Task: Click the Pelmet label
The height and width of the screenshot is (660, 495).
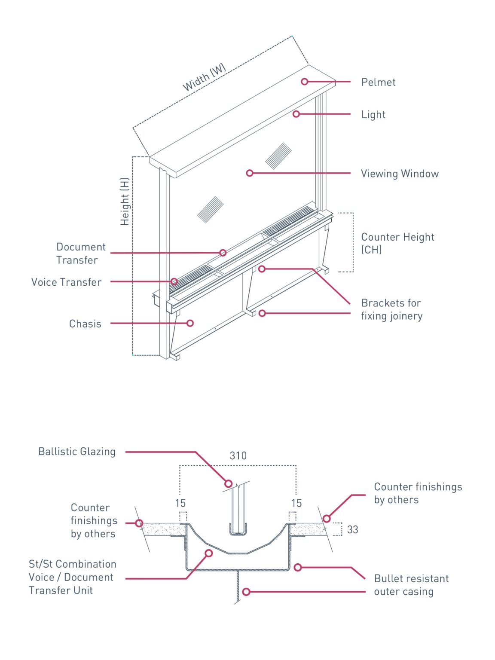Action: click(378, 82)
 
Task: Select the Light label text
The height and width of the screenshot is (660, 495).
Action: click(373, 115)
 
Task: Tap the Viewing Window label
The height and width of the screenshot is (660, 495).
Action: click(400, 174)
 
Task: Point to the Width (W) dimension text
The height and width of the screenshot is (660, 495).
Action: click(204, 77)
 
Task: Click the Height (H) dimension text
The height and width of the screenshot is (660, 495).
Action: click(125, 202)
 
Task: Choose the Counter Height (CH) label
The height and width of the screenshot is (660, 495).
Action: click(397, 243)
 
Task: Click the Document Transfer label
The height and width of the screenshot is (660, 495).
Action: click(81, 254)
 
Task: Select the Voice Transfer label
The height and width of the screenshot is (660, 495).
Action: click(67, 282)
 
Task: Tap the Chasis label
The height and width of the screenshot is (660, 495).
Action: click(85, 324)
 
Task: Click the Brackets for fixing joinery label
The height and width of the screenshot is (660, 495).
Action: click(391, 309)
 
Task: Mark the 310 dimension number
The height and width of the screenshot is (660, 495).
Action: click(238, 456)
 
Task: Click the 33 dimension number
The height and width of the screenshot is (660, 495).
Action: click(352, 530)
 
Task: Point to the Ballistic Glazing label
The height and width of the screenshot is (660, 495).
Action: click(77, 452)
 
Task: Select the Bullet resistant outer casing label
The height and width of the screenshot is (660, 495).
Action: click(411, 585)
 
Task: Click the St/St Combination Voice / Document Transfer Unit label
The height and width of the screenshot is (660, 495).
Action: click(72, 577)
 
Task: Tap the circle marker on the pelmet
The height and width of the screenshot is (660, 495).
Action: click(305, 82)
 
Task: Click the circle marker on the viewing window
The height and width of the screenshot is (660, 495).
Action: click(250, 173)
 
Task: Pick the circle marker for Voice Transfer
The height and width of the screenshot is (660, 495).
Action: click(174, 281)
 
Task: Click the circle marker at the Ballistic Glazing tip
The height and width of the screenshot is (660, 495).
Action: click(229, 484)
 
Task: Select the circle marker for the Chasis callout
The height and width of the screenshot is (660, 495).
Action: click(190, 323)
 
